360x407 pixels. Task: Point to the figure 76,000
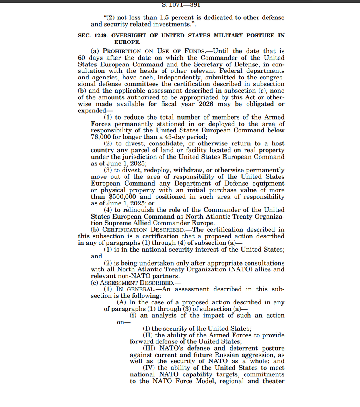(101, 137)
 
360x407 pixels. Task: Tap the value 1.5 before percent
(163, 18)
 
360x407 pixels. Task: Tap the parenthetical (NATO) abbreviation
(237, 269)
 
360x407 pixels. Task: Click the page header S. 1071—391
(181, 5)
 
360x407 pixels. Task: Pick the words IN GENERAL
(134, 289)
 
